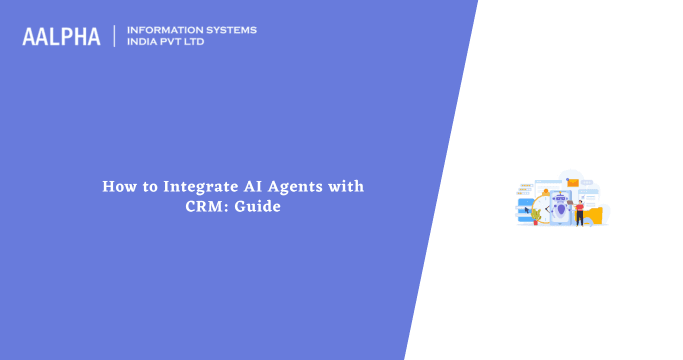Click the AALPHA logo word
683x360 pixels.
click(61, 37)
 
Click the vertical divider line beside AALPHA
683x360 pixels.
click(115, 37)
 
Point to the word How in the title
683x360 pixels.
click(118, 187)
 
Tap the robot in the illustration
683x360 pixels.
click(559, 206)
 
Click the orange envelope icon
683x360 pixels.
click(573, 182)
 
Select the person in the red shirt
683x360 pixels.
click(579, 209)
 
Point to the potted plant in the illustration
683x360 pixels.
click(537, 214)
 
